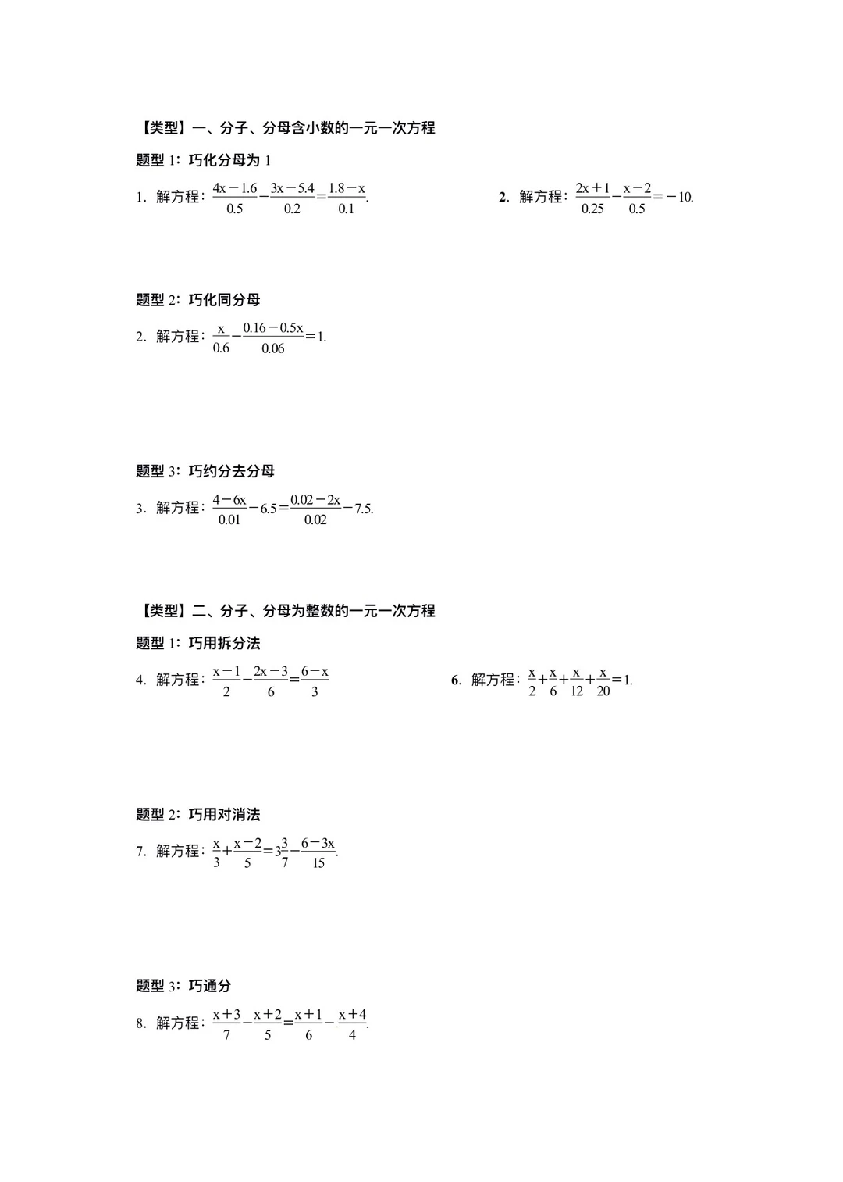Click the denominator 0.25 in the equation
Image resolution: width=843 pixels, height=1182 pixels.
pos(592,209)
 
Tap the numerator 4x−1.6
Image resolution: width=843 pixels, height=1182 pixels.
pos(235,188)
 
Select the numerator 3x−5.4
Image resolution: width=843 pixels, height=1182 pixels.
pos(293,188)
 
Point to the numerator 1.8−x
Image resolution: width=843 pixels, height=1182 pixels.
pos(347,188)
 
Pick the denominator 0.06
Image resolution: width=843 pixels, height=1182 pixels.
pos(273,348)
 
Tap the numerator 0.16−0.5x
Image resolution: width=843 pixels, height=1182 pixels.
pos(273,328)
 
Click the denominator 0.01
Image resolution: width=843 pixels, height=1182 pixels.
pos(229,520)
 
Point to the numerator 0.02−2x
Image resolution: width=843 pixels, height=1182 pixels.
pos(315,499)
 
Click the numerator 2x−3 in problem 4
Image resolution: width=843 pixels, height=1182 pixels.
pos(271,671)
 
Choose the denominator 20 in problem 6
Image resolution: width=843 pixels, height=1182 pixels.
pos(603,691)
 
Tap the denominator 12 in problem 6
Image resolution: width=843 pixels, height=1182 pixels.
pos(577,691)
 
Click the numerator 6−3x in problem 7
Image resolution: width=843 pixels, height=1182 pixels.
pos(318,843)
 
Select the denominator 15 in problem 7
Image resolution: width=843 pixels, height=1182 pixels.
pos(318,863)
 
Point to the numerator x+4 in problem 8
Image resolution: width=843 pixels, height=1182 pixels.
pos(353,1014)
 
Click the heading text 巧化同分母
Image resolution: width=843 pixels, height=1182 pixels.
pos(224,300)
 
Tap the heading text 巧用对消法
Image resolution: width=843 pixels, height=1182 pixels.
pos(224,815)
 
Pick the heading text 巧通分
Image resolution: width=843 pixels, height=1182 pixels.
pos(210,986)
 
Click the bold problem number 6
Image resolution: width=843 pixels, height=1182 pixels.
pos(455,680)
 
